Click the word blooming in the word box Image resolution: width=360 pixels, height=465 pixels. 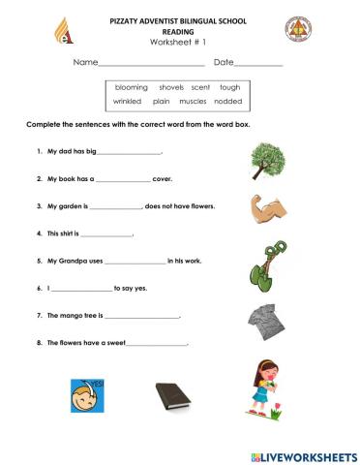coord(131,86)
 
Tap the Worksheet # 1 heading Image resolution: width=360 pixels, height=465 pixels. coord(179,43)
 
